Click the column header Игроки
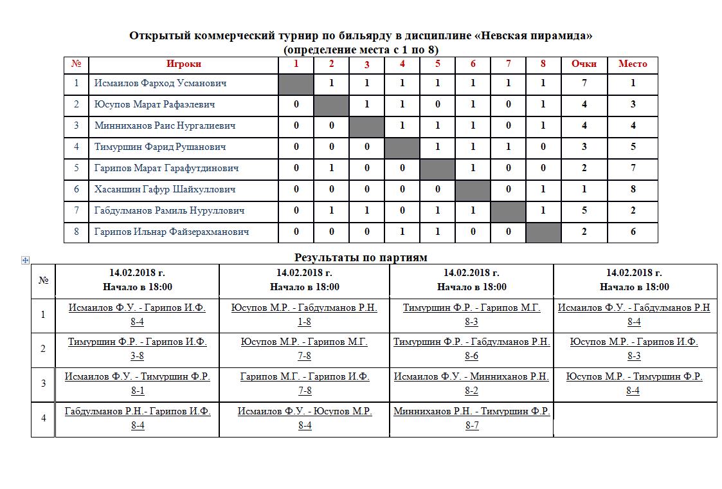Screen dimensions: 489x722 [x=183, y=64]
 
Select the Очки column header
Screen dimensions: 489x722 [x=584, y=64]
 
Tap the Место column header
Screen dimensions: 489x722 [x=633, y=64]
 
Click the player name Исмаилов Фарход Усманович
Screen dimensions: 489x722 [x=160, y=83]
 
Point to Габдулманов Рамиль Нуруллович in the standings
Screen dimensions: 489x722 [x=169, y=210]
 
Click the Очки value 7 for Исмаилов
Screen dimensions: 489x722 [x=584, y=83]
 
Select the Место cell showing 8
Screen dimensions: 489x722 [x=633, y=189]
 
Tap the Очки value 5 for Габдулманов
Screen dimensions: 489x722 [x=584, y=210]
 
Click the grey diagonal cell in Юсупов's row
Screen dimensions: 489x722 [x=331, y=104]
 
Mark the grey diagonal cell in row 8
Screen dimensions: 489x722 [x=543, y=232]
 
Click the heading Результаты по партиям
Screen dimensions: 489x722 [x=361, y=257]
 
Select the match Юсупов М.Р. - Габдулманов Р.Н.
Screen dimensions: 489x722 [x=304, y=308]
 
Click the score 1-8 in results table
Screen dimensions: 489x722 [x=304, y=322]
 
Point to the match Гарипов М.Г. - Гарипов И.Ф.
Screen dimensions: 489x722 [x=304, y=376]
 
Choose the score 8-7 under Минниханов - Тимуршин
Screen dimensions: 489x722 [x=471, y=425]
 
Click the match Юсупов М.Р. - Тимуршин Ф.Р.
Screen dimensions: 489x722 [x=634, y=376]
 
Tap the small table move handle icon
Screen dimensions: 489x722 [x=25, y=260]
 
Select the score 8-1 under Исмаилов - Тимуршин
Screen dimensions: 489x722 [x=138, y=391]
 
